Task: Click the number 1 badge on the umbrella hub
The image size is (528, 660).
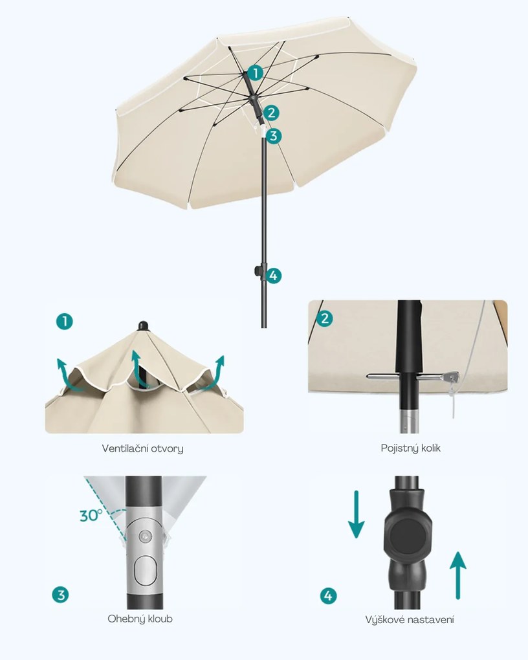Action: [x=255, y=73]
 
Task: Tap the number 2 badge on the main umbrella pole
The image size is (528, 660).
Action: [x=271, y=113]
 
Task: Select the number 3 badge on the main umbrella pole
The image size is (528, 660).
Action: [x=274, y=136]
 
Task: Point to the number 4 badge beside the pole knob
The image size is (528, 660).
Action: [x=273, y=276]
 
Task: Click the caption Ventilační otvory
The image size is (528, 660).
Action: [x=143, y=448]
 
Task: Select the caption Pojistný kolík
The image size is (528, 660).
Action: [x=410, y=448]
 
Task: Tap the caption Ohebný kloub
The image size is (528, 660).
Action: [x=140, y=619]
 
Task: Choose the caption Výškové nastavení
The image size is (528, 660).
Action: [x=410, y=620]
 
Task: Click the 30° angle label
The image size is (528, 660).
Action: [x=91, y=515]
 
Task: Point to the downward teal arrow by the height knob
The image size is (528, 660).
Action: [x=357, y=514]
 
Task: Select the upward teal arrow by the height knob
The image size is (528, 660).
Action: [x=457, y=575]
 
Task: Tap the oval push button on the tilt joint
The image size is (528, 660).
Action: [x=145, y=570]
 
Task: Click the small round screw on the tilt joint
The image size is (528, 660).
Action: [x=145, y=536]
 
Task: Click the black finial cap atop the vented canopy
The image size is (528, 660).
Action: [x=143, y=325]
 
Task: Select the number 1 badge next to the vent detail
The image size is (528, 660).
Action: [x=65, y=322]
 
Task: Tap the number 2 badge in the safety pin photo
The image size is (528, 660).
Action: [x=324, y=318]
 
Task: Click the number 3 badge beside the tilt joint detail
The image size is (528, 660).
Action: [x=61, y=595]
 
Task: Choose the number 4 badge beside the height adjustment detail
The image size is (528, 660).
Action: [x=329, y=595]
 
